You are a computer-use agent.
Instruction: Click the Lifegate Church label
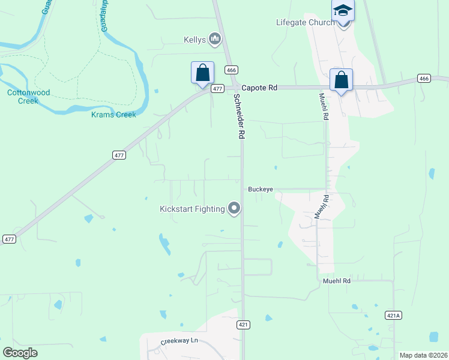click(305, 23)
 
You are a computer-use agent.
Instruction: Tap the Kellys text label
click(194, 40)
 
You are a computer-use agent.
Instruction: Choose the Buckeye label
click(261, 189)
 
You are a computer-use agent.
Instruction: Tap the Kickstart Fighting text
click(192, 209)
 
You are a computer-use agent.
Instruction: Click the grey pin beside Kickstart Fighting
click(234, 209)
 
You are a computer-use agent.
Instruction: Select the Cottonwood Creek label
click(28, 97)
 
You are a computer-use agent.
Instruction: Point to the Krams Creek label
click(113, 115)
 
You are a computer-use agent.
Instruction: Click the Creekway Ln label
click(179, 341)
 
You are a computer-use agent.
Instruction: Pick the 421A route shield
click(393, 314)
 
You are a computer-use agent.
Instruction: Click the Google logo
click(20, 352)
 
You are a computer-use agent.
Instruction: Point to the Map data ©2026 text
click(423, 355)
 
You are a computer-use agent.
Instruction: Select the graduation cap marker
click(343, 11)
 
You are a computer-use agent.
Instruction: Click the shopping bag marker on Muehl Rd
click(341, 80)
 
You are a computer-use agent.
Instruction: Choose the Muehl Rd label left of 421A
click(336, 280)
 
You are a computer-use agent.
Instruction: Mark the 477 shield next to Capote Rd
click(217, 88)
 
